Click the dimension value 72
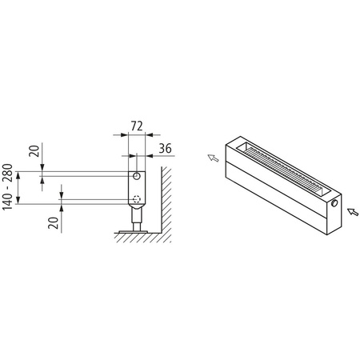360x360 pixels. pos(137,127)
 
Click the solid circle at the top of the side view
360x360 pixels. pos(137,175)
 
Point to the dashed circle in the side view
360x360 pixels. pos(137,200)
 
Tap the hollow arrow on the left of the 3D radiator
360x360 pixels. pos(213,158)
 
